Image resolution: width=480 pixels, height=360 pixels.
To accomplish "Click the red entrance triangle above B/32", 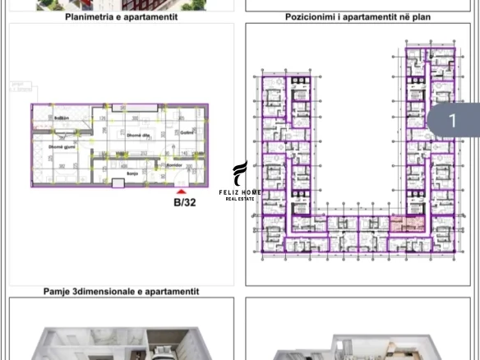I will pyautogui.click(x=182, y=192).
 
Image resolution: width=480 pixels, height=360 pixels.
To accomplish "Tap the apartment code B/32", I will pyautogui.click(x=184, y=202).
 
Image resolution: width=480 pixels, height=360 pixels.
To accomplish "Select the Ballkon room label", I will pyautogui.click(x=61, y=118).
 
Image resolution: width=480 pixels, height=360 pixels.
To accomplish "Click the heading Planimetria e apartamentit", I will pyautogui.click(x=120, y=16).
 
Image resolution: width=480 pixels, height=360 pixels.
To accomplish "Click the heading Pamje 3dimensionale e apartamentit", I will pyautogui.click(x=121, y=291).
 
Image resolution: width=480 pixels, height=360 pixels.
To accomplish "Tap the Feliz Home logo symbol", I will pyautogui.click(x=239, y=173).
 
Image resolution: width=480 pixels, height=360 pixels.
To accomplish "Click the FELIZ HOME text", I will pyautogui.click(x=240, y=192).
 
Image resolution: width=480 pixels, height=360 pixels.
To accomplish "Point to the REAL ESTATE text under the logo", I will pyautogui.click(x=240, y=199).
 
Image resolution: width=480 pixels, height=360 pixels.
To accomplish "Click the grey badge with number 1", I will pyautogui.click(x=451, y=122).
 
